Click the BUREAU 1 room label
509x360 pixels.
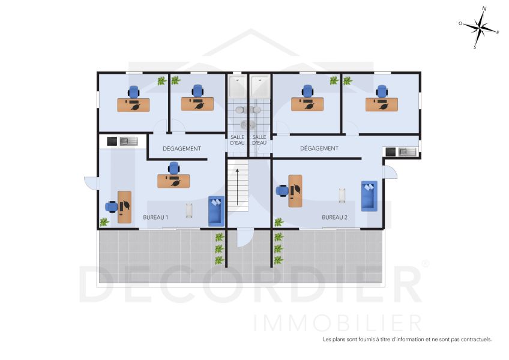click(x=155, y=217)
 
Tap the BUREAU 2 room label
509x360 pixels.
click(x=334, y=217)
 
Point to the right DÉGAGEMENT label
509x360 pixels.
click(x=319, y=148)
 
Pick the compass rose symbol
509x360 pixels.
click(x=480, y=27)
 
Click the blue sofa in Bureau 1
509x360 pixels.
click(x=216, y=211)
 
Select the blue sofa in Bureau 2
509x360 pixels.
click(x=369, y=196)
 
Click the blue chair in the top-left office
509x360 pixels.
click(x=133, y=92)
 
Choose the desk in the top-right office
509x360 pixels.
click(x=381, y=104)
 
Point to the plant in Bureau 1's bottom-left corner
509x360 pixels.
click(x=104, y=222)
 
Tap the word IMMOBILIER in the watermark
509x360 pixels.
click(x=338, y=322)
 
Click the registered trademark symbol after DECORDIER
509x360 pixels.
click(x=426, y=263)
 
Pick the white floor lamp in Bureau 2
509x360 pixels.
click(x=343, y=195)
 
